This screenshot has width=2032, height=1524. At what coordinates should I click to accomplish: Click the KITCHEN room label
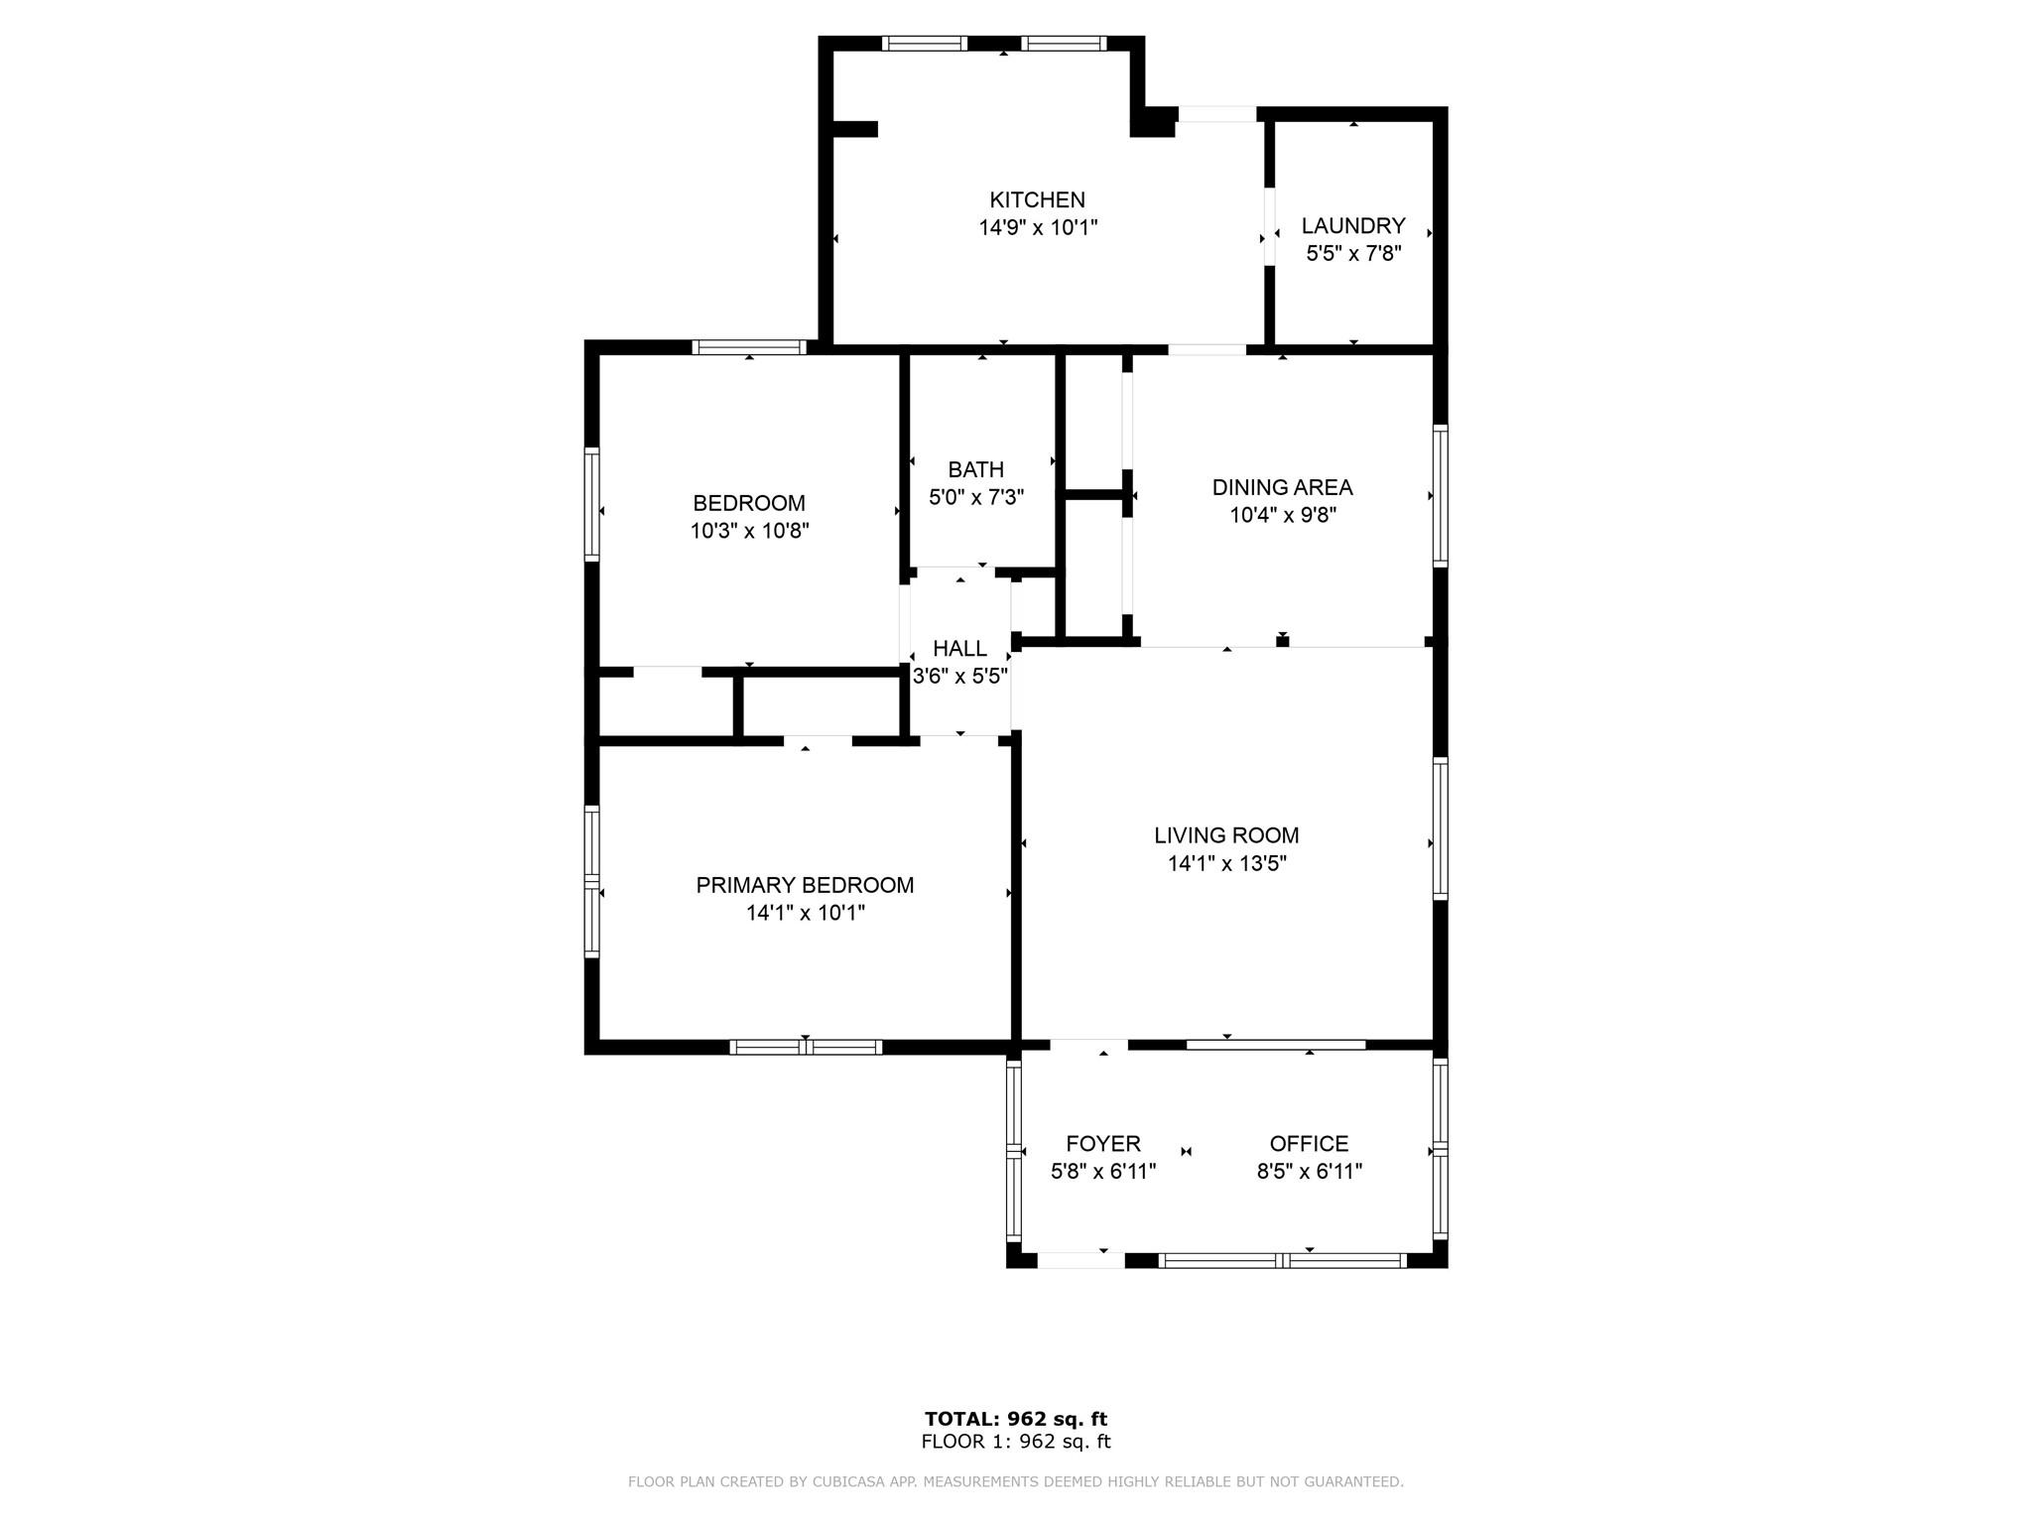(x=1037, y=199)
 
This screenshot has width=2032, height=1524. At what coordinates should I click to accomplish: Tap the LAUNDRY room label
(x=1353, y=225)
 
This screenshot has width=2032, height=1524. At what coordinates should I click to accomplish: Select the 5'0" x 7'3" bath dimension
(x=976, y=497)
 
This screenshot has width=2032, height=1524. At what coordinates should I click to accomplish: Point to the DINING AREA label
(x=1282, y=487)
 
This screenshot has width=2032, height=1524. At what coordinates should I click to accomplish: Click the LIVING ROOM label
(x=1226, y=835)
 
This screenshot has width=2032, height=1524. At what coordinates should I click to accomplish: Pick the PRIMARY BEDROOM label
(x=805, y=885)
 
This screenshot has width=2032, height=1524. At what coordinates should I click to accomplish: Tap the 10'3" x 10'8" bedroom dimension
(x=750, y=531)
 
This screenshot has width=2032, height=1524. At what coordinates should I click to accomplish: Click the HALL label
(x=959, y=649)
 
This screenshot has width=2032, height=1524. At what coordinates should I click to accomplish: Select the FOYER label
(x=1103, y=1144)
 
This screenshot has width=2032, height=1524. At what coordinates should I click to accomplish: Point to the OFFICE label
(x=1309, y=1144)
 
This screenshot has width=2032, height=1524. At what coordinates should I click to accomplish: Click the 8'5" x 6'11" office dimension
(x=1310, y=1172)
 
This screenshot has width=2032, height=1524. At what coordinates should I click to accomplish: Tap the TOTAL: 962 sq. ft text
(x=1016, y=1419)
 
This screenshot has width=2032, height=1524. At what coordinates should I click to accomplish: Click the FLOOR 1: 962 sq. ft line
(x=1016, y=1442)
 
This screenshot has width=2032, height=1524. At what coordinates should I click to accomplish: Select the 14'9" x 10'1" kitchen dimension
(x=1038, y=228)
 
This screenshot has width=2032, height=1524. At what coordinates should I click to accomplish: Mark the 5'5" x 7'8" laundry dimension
(x=1353, y=253)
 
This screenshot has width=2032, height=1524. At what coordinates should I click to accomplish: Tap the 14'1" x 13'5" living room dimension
(x=1227, y=863)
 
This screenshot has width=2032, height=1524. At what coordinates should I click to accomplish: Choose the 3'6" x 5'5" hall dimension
(x=960, y=677)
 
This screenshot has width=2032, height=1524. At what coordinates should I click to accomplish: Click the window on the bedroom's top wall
(x=749, y=347)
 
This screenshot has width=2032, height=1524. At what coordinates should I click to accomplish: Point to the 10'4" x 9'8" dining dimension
(x=1283, y=515)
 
